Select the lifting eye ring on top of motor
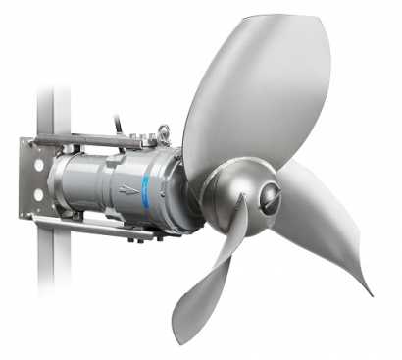163,129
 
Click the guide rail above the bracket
48,108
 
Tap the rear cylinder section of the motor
83,186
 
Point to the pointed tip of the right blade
371,293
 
